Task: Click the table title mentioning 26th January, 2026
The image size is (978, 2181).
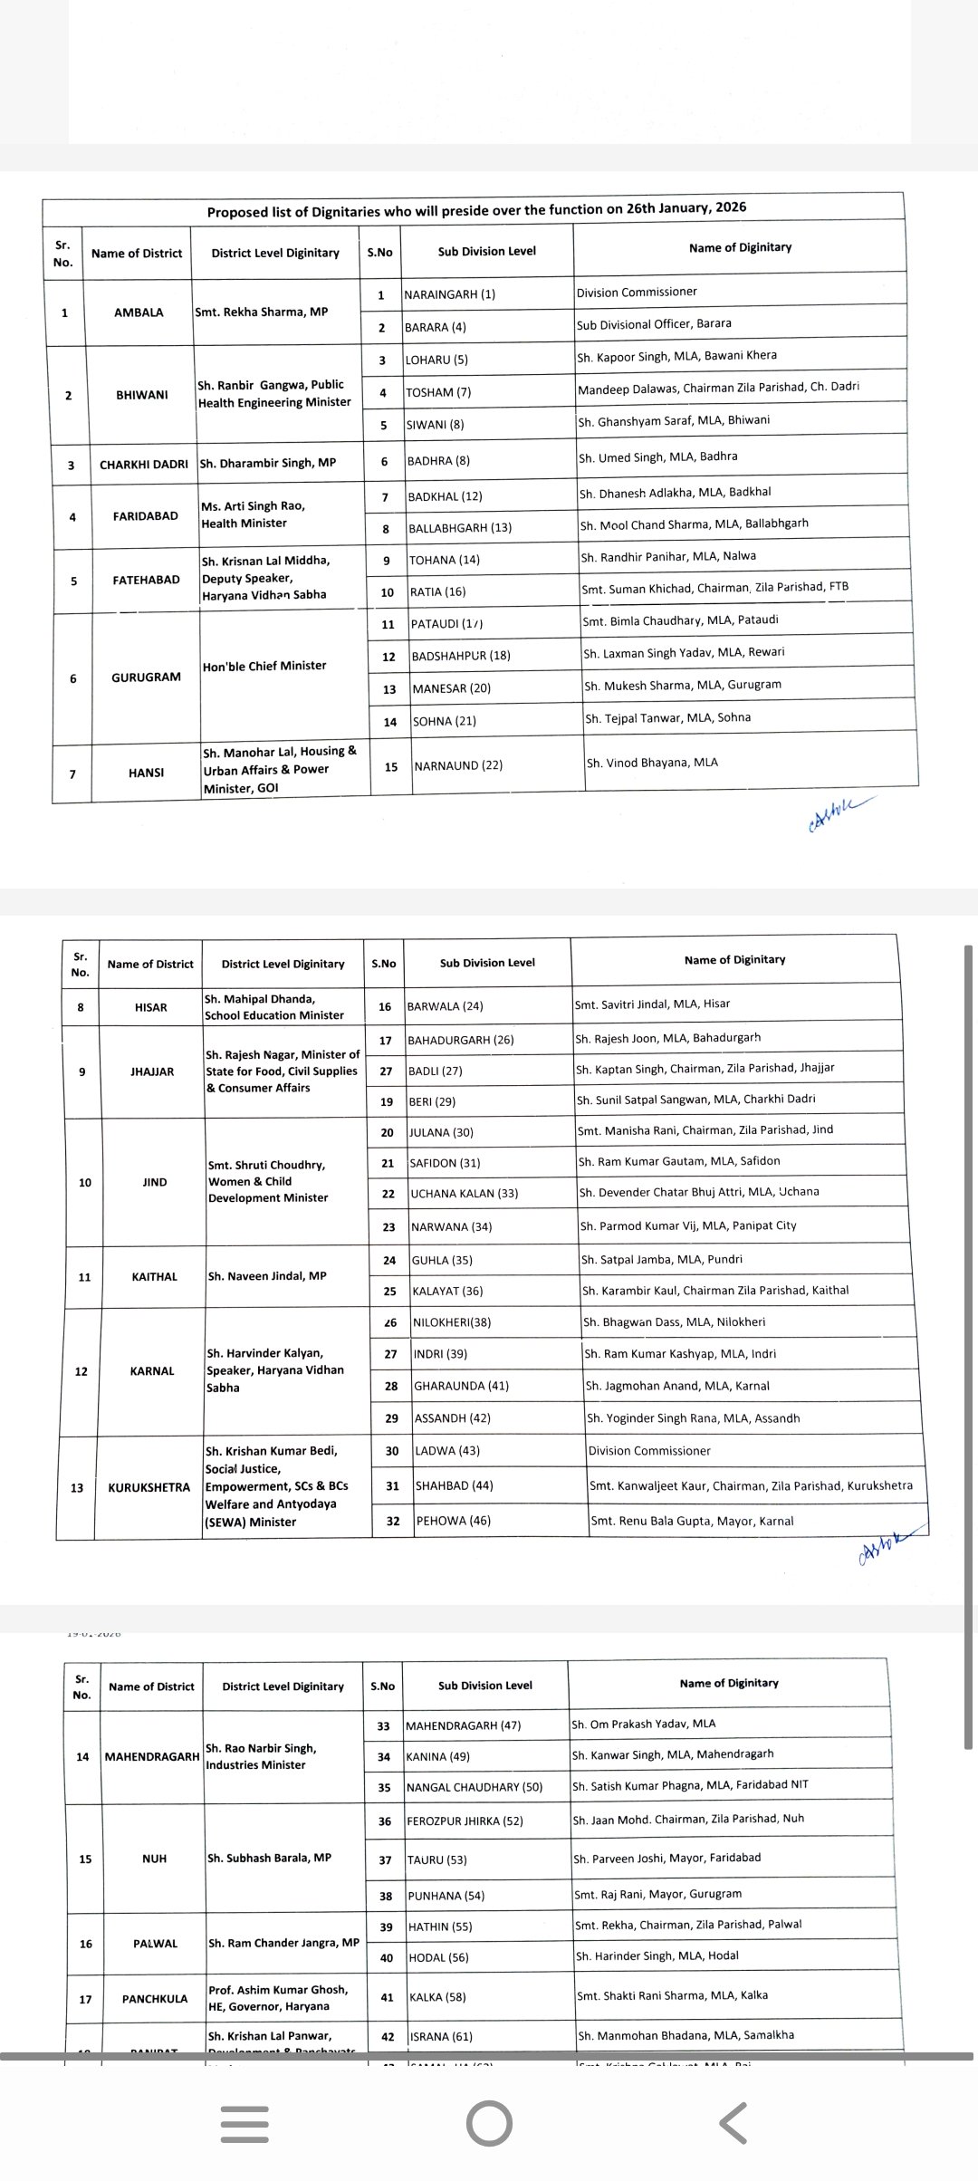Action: tap(476, 209)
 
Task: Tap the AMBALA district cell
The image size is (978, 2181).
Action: tap(139, 312)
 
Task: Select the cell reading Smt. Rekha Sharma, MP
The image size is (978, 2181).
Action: tap(262, 312)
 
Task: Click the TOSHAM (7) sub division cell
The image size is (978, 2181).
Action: tap(438, 392)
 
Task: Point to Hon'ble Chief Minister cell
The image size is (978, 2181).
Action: tap(264, 666)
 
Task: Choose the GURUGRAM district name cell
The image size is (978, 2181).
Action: tap(146, 677)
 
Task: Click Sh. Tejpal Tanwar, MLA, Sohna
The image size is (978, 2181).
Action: tap(667, 717)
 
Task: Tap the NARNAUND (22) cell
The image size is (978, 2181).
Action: tap(458, 765)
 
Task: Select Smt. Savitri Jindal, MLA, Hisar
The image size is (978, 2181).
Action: tap(652, 1004)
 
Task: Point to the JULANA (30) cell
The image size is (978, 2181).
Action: tap(441, 1132)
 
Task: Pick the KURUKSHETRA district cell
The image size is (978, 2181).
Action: tap(149, 1487)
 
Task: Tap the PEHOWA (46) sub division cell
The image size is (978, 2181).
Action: tap(453, 1521)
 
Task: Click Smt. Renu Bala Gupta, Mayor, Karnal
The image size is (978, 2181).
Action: tap(692, 1521)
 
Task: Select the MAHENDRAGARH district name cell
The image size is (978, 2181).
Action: tap(152, 1756)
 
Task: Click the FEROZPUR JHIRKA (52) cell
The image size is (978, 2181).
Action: tap(465, 1821)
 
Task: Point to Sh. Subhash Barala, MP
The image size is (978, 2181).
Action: tap(269, 1858)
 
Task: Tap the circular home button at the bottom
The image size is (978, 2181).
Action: tap(489, 2123)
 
